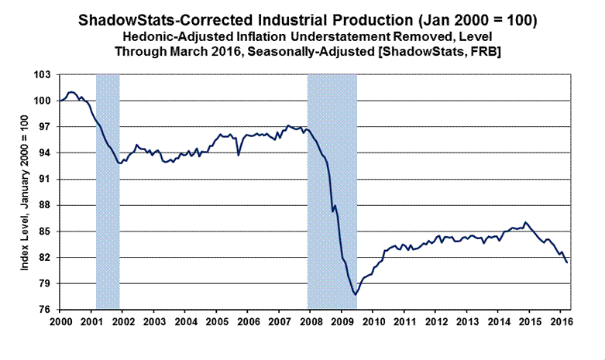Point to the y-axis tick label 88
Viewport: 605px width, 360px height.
pos(43,205)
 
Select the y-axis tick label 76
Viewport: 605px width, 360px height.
pos(43,310)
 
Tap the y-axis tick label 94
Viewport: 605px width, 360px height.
pos(43,153)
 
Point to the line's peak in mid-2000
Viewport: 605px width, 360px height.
pos(71,91)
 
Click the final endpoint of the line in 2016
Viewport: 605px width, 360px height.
pos(566,262)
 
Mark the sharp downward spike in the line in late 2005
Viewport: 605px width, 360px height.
pos(239,155)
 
